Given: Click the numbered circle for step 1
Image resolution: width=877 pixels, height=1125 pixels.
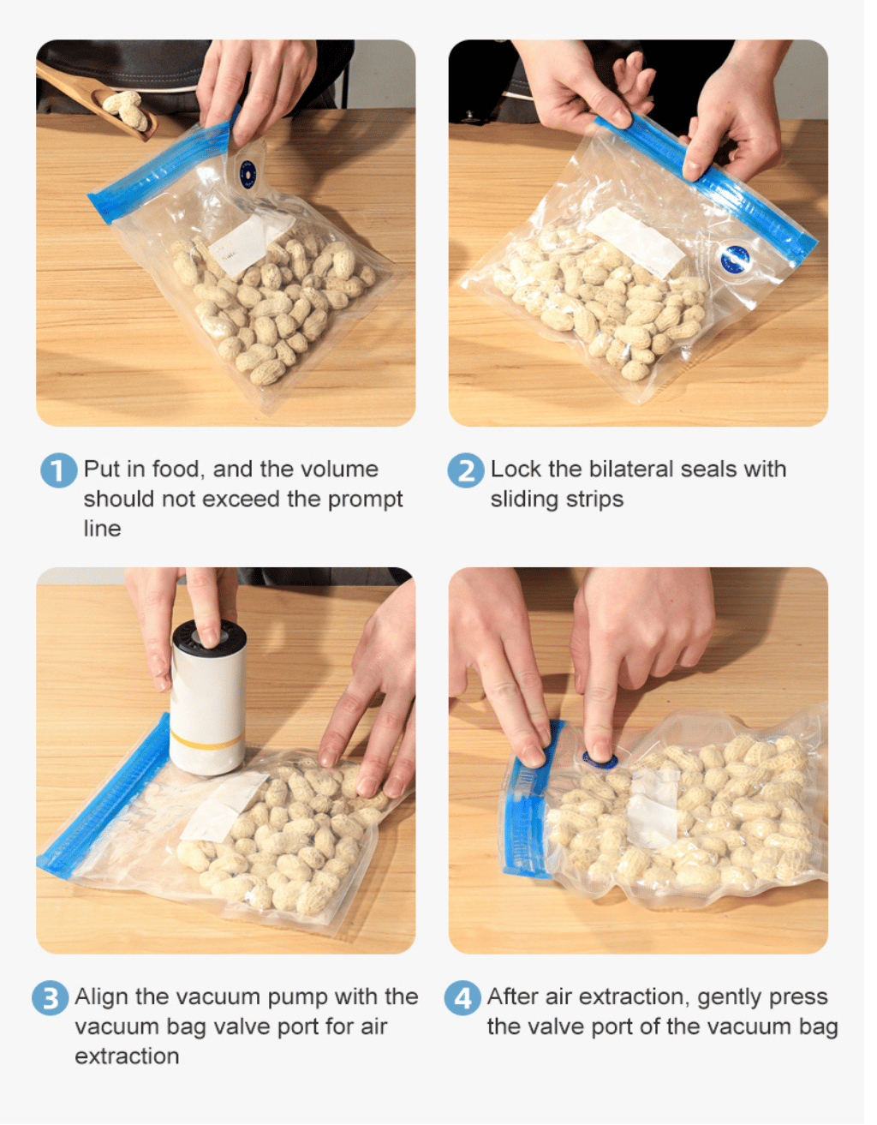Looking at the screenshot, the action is click(x=58, y=470).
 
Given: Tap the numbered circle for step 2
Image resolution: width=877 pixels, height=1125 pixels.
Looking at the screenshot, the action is click(x=466, y=470).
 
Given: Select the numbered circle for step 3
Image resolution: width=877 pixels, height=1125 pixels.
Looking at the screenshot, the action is click(x=51, y=997).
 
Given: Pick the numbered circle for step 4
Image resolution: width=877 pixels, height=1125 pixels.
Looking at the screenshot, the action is click(x=462, y=997).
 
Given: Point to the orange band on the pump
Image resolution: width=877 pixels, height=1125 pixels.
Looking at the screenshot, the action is click(x=207, y=741).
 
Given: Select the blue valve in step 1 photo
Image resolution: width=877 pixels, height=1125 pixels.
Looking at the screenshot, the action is click(x=248, y=174).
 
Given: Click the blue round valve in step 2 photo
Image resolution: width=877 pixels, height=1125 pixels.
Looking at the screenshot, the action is click(x=735, y=258).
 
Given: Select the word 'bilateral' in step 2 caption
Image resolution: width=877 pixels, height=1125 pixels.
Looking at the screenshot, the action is click(x=632, y=469).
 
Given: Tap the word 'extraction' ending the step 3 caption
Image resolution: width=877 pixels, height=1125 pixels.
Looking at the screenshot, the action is click(x=128, y=1056).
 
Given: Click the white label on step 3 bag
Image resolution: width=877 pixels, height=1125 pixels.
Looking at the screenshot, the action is click(x=224, y=809).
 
